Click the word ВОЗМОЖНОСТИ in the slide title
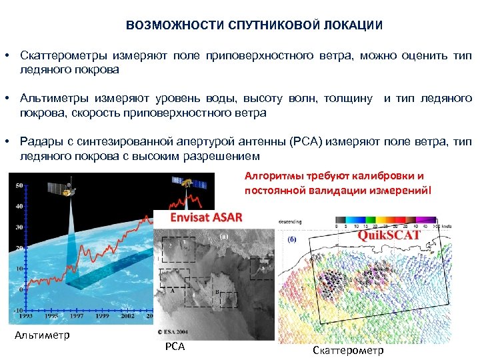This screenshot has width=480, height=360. coord(163,26)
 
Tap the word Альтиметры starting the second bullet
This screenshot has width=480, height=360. coord(51,99)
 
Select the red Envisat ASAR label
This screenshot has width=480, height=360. coord(206,218)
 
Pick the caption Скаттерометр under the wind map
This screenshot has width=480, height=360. coord(347,350)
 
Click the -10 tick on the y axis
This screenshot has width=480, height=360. coord(19,311)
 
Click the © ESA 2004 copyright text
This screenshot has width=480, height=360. coord(175,331)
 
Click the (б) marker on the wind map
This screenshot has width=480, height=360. coord(291,239)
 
